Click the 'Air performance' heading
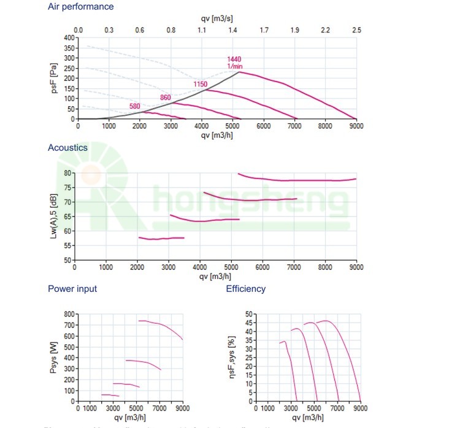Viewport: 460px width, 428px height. tap(80, 7)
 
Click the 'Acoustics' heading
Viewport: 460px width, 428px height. tap(67, 148)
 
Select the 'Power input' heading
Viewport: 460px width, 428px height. tap(72, 289)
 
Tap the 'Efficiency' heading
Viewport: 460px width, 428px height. tap(245, 289)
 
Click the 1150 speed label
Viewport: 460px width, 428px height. tap(201, 83)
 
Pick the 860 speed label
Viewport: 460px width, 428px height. tap(166, 98)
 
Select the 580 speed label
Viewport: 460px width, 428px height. tap(135, 106)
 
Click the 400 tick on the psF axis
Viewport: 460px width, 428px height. tap(69, 38)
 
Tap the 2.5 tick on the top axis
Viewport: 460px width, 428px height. tap(356, 30)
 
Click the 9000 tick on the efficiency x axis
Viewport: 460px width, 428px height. tap(360, 408)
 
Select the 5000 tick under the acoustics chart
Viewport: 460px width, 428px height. tap(231, 267)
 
